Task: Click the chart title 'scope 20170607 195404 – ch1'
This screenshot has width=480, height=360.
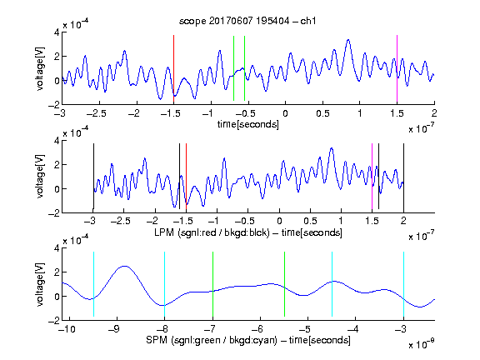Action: pos(247,21)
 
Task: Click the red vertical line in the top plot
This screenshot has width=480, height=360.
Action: pos(173,68)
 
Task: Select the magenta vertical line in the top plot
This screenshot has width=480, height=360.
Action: pos(397,68)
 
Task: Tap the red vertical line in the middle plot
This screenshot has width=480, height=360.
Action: pos(186,177)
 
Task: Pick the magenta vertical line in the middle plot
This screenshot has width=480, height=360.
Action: pos(372,177)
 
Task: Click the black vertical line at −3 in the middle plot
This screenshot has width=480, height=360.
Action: pos(93,177)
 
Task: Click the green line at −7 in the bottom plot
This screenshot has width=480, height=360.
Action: pos(212,284)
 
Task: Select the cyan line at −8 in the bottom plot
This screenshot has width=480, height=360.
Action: pos(165,284)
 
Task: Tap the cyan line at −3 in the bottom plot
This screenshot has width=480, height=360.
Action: pos(403,284)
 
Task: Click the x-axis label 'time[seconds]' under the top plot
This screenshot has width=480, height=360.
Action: pos(248,124)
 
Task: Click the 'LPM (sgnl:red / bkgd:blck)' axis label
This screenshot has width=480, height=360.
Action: pos(212,232)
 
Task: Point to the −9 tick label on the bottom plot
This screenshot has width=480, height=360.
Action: pos(114,329)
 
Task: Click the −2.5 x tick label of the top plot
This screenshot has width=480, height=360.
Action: pos(96,113)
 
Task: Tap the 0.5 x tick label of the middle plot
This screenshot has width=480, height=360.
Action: pos(310,221)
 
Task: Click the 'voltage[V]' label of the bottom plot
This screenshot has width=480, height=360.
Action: pos(40,284)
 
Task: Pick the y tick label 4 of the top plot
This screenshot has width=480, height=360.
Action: pos(57,32)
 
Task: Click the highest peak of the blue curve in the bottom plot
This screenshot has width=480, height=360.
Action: pos(125,266)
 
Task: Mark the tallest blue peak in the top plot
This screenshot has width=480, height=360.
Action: pos(348,40)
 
